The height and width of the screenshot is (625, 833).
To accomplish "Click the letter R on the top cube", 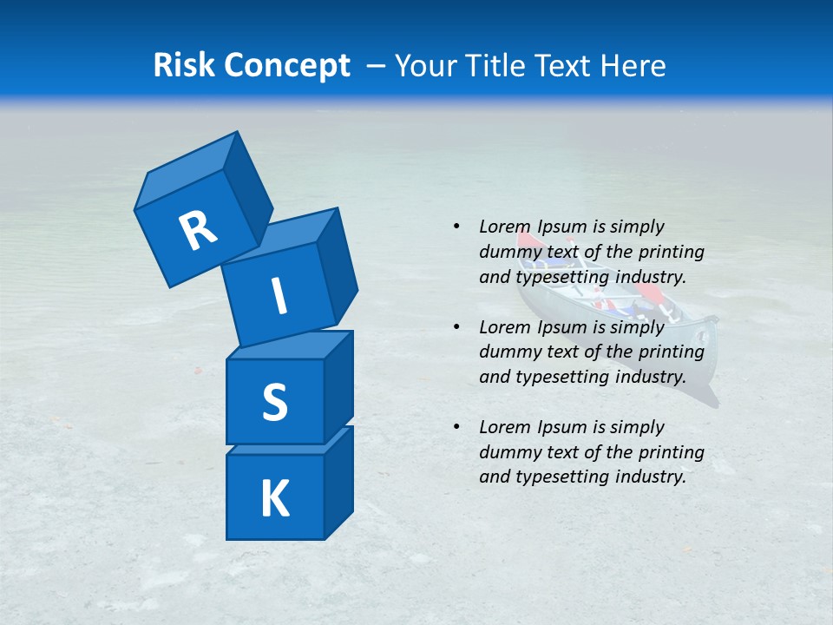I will pyautogui.click(x=198, y=231).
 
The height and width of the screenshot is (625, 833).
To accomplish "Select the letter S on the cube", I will pyautogui.click(x=274, y=402).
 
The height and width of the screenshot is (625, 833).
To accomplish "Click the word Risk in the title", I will pyautogui.click(x=184, y=65).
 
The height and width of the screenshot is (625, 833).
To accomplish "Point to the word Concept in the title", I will pyautogui.click(x=286, y=66).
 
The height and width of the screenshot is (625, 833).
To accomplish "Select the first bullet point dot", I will pyautogui.click(x=456, y=227).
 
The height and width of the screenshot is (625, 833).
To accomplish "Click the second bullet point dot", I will pyautogui.click(x=456, y=327).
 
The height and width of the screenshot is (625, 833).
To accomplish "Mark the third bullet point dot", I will pyautogui.click(x=456, y=427).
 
